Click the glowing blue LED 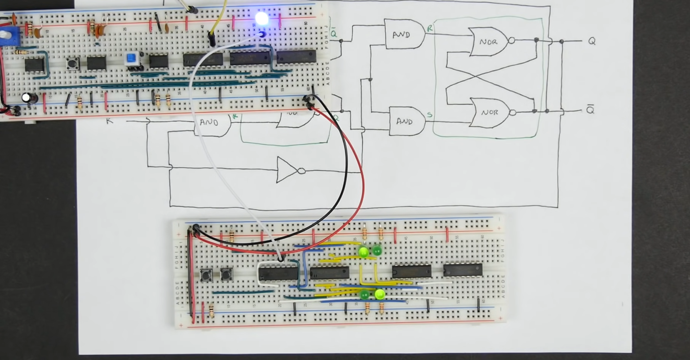pyautogui.click(x=261, y=19)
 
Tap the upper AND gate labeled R pyautogui.click(x=403, y=34)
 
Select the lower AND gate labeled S pyautogui.click(x=406, y=121)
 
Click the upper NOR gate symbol pyautogui.click(x=489, y=42)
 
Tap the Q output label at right pyautogui.click(x=592, y=41)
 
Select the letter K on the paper pyautogui.click(x=109, y=121)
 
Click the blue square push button pyautogui.click(x=131, y=58)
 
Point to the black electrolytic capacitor pyautogui.click(x=28, y=98)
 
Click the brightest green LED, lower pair pyautogui.click(x=380, y=294)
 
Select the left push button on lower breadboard pyautogui.click(x=206, y=274)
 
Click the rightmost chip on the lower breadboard pyautogui.click(x=463, y=270)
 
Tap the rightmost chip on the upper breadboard pyautogui.click(x=296, y=57)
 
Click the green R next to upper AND pyautogui.click(x=430, y=28)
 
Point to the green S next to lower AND pyautogui.click(x=430, y=115)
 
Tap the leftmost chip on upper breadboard pyautogui.click(x=34, y=65)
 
